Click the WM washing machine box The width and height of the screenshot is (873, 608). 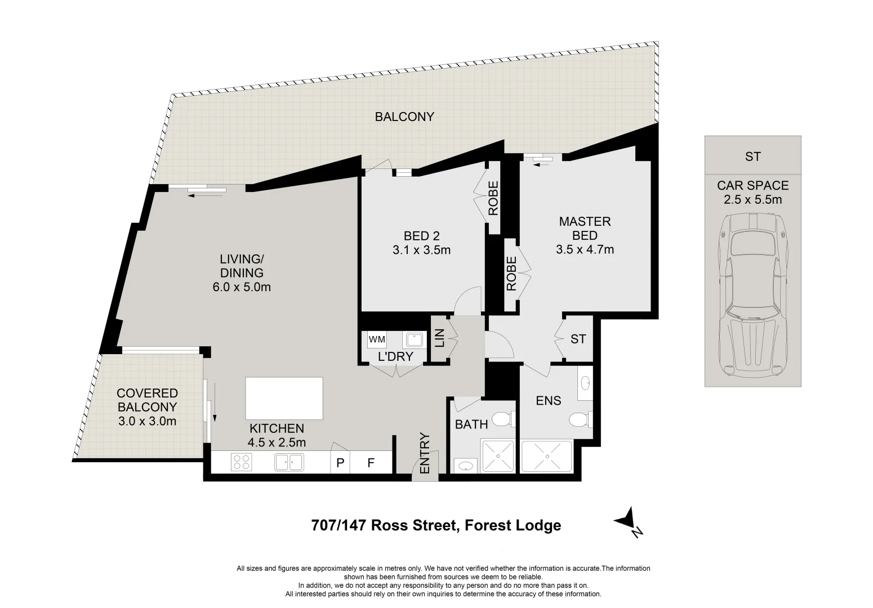pos(377,339)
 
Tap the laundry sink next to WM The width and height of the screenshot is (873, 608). pos(415,339)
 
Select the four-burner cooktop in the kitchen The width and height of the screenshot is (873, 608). pos(241,462)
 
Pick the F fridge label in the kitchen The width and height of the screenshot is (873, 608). pos(371,463)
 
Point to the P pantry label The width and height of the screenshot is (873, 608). pos(340,463)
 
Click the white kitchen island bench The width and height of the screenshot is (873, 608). pos(284,398)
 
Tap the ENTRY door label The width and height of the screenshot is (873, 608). pos(425,453)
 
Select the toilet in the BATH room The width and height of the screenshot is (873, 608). pos(501,419)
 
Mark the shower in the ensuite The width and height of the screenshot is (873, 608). pos(545,456)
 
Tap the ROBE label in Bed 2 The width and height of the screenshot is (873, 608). pos(493,198)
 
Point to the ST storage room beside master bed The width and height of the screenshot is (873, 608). pos(578,339)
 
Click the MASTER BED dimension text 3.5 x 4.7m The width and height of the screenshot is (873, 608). pos(585,249)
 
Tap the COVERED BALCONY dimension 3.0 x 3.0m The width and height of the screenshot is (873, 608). pos(147,421)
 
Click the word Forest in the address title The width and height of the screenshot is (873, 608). pos(485,525)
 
